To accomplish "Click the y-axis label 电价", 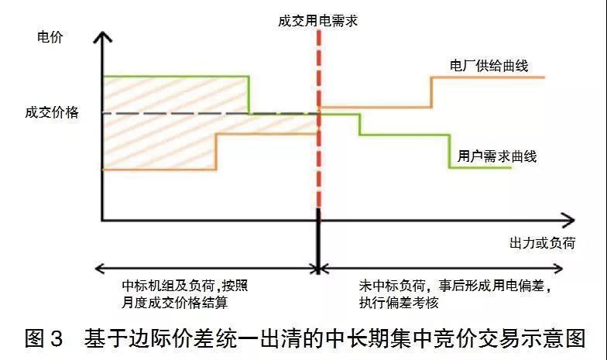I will click(49, 36).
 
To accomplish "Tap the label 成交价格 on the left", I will click(52, 112).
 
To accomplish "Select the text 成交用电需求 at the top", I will click(317, 21).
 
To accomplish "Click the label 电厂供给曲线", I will click(489, 66).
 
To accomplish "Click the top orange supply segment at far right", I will click(488, 77).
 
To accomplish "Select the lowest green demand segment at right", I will click(481, 168).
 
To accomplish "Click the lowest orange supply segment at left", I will click(159, 170).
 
